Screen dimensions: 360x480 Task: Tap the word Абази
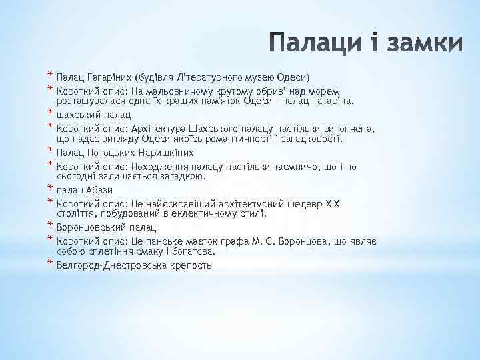99,191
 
